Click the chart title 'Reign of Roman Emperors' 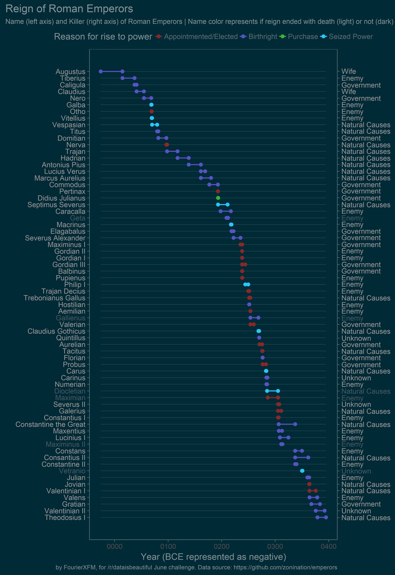click(x=69, y=9)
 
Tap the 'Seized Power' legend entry click(x=351, y=37)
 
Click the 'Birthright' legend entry click(x=263, y=37)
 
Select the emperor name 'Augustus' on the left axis click(x=70, y=72)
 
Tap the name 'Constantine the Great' click(x=50, y=424)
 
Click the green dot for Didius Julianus click(x=218, y=198)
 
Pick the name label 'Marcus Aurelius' click(x=60, y=178)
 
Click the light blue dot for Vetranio click(x=302, y=471)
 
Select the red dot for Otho click(x=151, y=111)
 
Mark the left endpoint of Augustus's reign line click(x=101, y=71)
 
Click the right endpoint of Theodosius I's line click(x=326, y=517)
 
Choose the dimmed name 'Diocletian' click(x=70, y=391)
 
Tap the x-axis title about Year click(x=213, y=557)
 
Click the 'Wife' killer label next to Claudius click(x=348, y=92)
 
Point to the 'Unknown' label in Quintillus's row click(x=356, y=338)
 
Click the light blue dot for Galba click(x=151, y=105)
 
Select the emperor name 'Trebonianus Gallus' click(x=54, y=298)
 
